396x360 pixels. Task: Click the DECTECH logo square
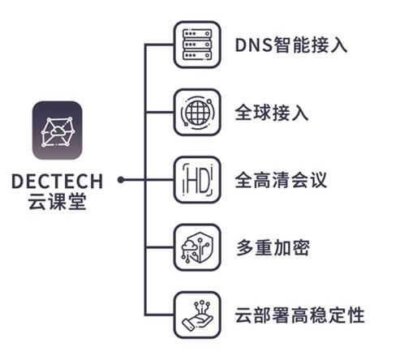click(x=57, y=131)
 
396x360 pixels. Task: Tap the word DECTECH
click(x=58, y=181)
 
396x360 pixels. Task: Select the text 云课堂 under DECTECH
click(x=58, y=201)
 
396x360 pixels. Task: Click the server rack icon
click(x=197, y=45)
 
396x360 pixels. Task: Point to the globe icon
click(x=197, y=112)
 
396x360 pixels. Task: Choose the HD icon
click(x=197, y=180)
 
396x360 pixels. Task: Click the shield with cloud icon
click(x=197, y=247)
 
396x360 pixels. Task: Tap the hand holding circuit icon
click(x=197, y=315)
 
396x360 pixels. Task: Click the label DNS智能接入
click(x=291, y=45)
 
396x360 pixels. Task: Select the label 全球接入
click(x=272, y=113)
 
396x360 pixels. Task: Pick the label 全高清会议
click(x=282, y=180)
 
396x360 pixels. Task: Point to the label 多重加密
click(x=273, y=247)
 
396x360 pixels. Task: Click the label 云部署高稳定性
click(x=300, y=315)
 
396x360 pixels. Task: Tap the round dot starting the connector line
click(x=121, y=180)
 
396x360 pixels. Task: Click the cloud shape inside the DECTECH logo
click(x=58, y=131)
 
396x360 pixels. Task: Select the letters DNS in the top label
click(x=254, y=45)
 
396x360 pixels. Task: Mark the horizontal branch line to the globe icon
click(x=159, y=112)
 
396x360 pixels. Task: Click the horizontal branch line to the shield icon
click(x=159, y=247)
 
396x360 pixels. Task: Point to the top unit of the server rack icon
click(x=197, y=33)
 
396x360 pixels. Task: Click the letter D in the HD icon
click(x=204, y=180)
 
